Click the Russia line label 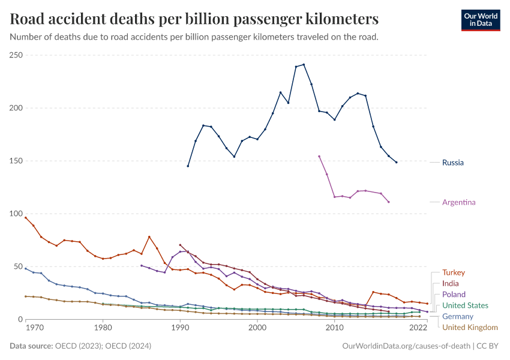(452, 162)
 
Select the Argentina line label (458, 202)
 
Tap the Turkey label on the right (453, 272)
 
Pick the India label (451, 283)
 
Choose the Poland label (453, 295)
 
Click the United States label (465, 305)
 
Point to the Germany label (457, 316)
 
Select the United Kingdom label (470, 327)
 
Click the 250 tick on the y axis (16, 55)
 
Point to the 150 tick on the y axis (16, 161)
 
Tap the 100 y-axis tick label (16, 214)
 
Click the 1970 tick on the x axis (34, 328)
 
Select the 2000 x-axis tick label (257, 328)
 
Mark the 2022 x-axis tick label (418, 328)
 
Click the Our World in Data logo (480, 20)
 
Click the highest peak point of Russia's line (304, 64)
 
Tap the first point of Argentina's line (319, 156)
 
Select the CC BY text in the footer (488, 346)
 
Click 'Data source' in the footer (31, 346)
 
